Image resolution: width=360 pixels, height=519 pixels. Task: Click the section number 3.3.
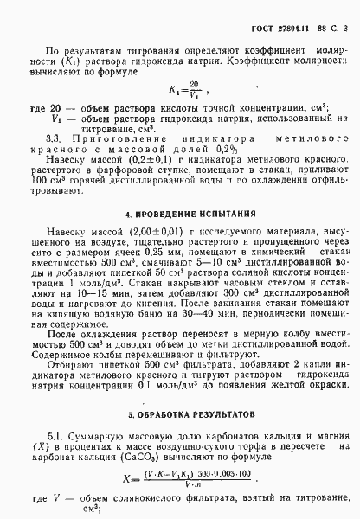coord(53,137)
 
